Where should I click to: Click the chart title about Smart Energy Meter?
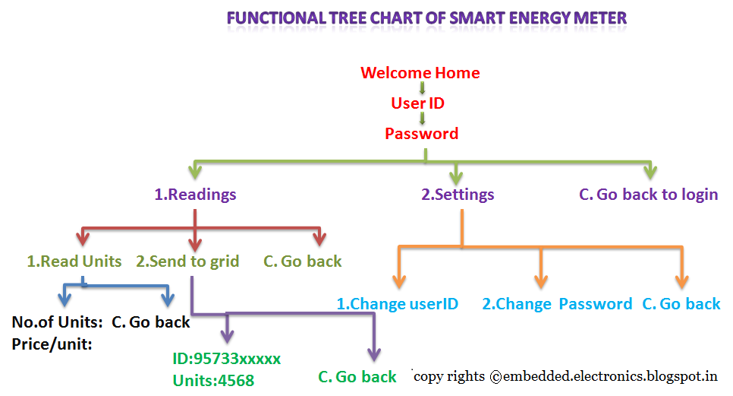[x=427, y=17]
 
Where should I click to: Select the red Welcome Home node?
[x=420, y=73]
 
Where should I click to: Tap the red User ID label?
[x=417, y=103]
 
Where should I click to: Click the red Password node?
[x=421, y=134]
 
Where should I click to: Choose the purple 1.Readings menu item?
[x=195, y=195]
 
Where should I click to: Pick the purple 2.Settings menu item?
[x=458, y=195]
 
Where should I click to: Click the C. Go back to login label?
[x=648, y=195]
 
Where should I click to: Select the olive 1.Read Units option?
[x=74, y=261]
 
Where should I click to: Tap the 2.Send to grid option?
[x=187, y=261]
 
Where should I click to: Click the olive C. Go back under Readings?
[x=303, y=261]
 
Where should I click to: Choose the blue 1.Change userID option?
[x=398, y=304]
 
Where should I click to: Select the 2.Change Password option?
[x=557, y=304]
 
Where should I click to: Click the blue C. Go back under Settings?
[x=681, y=304]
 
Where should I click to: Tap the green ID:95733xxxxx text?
[x=226, y=358]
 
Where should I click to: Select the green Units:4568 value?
[x=212, y=380]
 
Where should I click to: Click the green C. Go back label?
[x=357, y=377]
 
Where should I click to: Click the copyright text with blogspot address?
[x=566, y=375]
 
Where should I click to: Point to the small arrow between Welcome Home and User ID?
[x=422, y=88]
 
